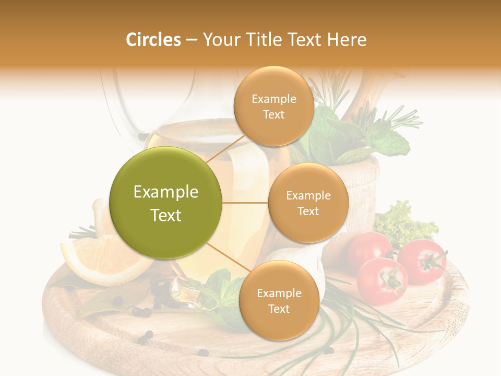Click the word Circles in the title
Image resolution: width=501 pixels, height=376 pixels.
pos(153,40)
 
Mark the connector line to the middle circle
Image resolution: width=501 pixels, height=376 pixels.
pos(245,203)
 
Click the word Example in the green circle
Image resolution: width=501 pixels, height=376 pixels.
pos(166,192)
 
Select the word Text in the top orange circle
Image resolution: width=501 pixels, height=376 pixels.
pos(273,115)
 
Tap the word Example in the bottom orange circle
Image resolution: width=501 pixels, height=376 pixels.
pos(279,293)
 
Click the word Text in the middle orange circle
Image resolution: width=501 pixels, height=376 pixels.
pos(308,211)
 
